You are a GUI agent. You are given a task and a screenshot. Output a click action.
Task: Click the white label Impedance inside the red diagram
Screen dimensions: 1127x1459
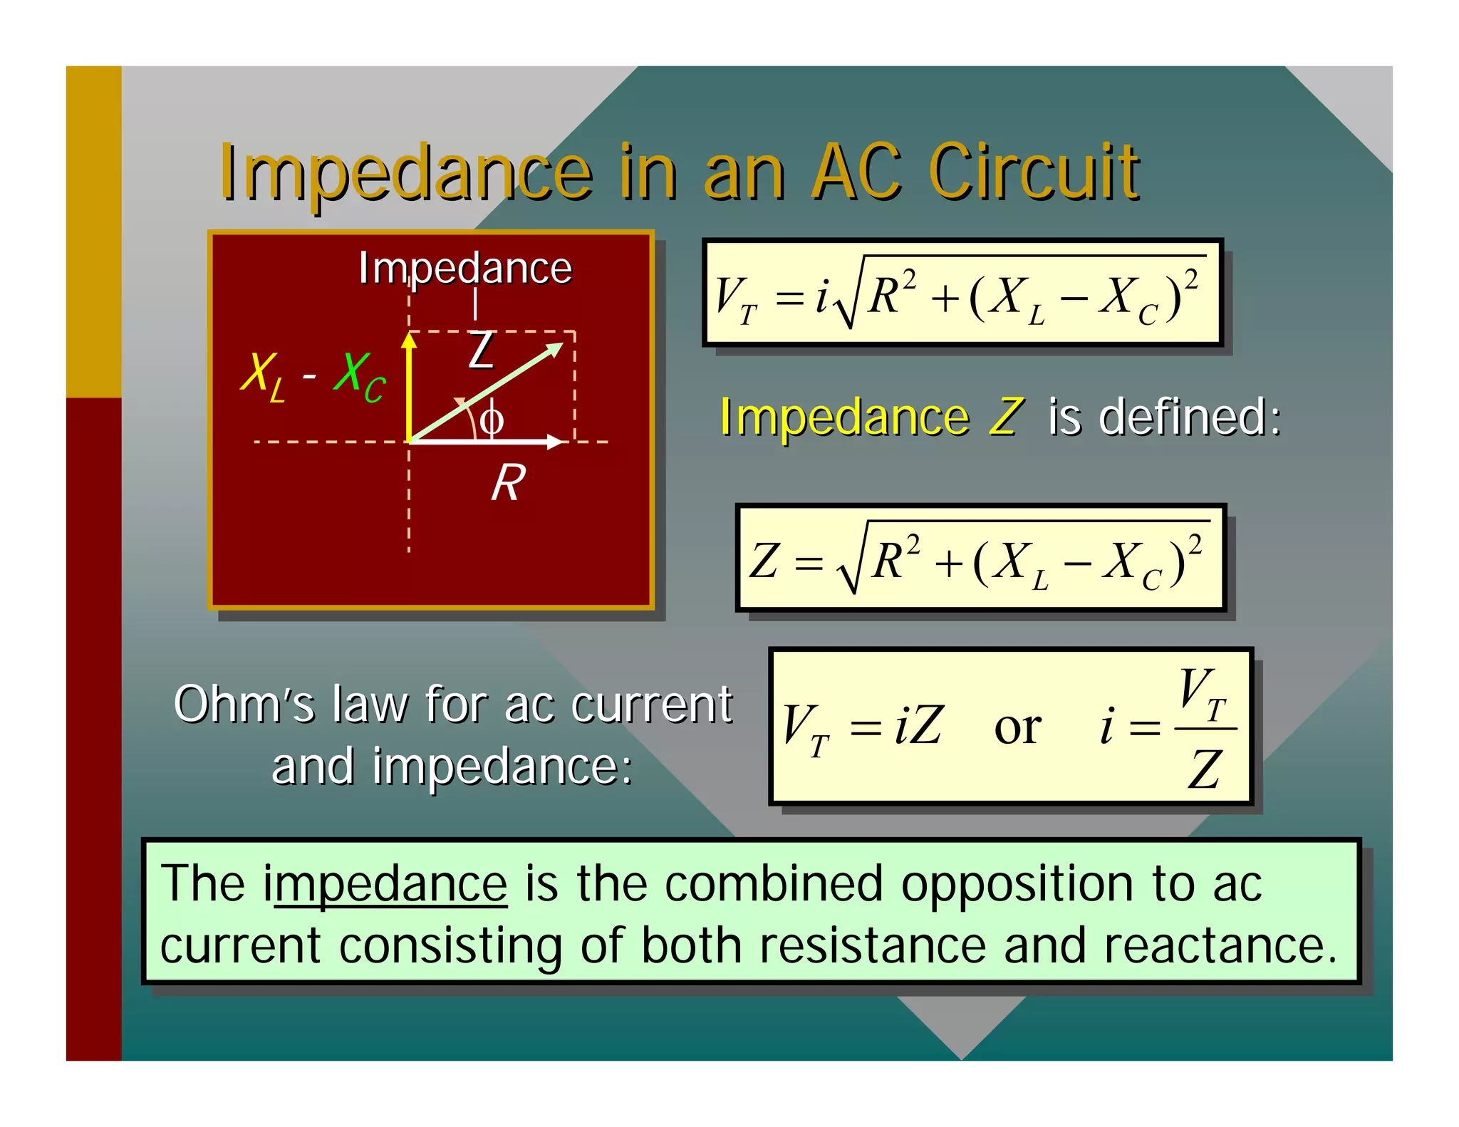(x=464, y=269)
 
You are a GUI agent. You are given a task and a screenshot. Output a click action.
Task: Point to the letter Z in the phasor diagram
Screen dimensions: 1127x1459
(x=482, y=350)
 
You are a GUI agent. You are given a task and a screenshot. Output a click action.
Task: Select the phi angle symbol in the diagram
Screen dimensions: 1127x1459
(x=492, y=419)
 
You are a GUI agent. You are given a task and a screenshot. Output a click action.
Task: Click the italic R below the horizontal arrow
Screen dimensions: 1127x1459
(x=509, y=483)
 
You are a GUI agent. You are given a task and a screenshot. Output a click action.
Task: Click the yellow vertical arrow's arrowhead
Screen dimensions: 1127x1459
(x=409, y=340)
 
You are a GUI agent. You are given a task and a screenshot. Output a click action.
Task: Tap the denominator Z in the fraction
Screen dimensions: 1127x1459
(x=1205, y=769)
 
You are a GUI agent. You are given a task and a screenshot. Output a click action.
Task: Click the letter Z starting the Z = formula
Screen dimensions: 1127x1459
(x=764, y=561)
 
